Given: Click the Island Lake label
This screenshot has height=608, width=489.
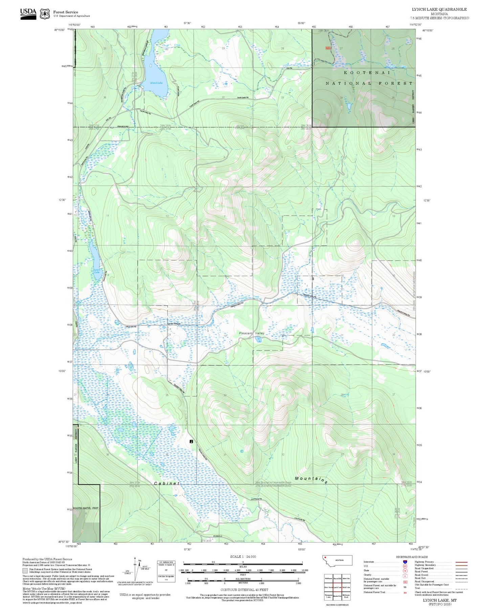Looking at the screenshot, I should pyautogui.click(x=156, y=83).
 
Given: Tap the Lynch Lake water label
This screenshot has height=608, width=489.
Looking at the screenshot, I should pyautogui.click(x=97, y=271).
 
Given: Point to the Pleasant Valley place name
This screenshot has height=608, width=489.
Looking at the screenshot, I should pyautogui.click(x=251, y=333).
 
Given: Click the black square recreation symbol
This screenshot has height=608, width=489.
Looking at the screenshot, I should pyautogui.click(x=192, y=441).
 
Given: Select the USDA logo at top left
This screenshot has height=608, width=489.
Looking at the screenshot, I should pyautogui.click(x=28, y=14).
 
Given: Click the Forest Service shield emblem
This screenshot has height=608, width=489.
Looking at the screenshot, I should pyautogui.click(x=45, y=14).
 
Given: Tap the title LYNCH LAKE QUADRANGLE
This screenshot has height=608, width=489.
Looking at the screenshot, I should pyautogui.click(x=439, y=9).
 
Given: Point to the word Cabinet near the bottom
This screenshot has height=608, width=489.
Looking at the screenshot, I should pyautogui.click(x=166, y=483).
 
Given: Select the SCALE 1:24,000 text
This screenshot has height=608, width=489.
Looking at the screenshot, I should pyautogui.click(x=243, y=556).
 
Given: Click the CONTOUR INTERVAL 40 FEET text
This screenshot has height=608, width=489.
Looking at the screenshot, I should pyautogui.click(x=244, y=590).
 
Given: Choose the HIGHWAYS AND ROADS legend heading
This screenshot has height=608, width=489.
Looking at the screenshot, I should pyautogui.click(x=412, y=557).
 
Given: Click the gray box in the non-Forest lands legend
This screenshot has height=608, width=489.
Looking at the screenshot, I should pyautogui.click(x=25, y=571).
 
